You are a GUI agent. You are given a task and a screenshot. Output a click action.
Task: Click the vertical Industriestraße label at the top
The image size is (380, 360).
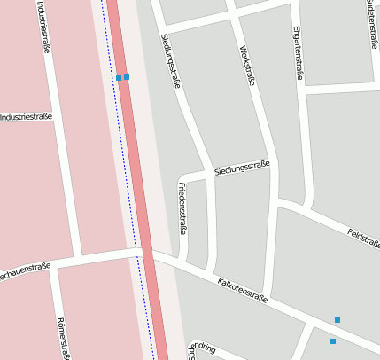point(43,27)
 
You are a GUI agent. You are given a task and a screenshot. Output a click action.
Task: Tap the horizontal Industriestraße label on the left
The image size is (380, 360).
point(26,117)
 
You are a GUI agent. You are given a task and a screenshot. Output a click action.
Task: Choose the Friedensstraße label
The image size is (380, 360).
point(182,207)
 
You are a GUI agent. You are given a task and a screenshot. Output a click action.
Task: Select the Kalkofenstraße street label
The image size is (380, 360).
point(242,290)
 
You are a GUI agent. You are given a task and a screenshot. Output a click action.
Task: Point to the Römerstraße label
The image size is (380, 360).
point(62,338)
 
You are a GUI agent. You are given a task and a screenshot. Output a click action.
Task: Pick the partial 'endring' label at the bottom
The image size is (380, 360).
point(203,347)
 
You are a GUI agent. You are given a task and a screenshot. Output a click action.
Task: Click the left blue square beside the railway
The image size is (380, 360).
point(119,78)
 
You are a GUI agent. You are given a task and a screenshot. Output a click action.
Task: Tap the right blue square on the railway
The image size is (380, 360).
point(127,77)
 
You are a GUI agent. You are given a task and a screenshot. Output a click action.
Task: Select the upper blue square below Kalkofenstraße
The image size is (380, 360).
point(337,319)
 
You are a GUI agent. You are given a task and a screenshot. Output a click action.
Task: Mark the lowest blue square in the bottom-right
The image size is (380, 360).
point(333,341)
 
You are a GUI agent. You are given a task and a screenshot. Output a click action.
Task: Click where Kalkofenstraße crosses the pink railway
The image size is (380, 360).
point(148,254)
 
